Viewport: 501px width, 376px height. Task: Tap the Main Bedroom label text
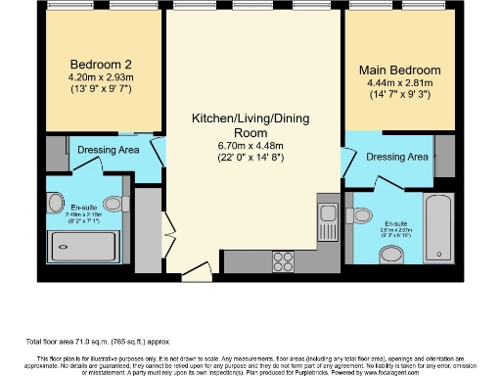398,70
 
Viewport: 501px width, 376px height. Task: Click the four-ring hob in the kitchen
286,260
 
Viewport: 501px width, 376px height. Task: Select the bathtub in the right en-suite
437,228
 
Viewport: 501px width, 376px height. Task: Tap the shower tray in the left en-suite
89,246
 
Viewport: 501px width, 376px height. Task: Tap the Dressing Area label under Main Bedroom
396,157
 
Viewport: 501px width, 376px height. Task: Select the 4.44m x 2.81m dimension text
398,83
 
